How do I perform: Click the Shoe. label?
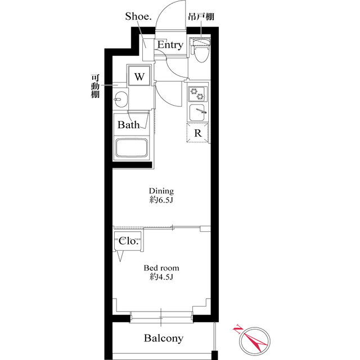pyautogui.click(x=137, y=16)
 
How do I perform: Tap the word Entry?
pyautogui.click(x=170, y=45)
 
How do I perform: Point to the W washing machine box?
pyautogui.click(x=139, y=76)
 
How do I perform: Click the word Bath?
pyautogui.click(x=128, y=125)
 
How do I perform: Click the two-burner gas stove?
pyautogui.click(x=197, y=92)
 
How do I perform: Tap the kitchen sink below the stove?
pyautogui.click(x=197, y=112)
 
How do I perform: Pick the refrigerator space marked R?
pyautogui.click(x=198, y=134)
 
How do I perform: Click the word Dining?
pyautogui.click(x=161, y=191)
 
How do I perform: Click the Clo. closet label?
pyautogui.click(x=128, y=241)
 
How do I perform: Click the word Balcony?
pyautogui.click(x=163, y=338)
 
